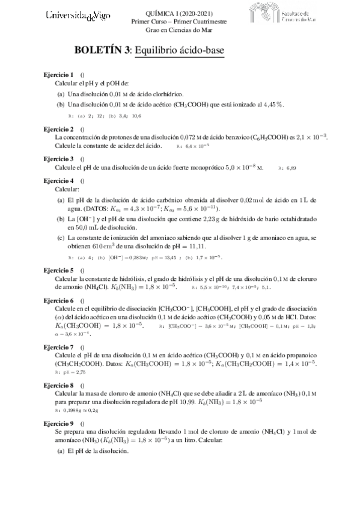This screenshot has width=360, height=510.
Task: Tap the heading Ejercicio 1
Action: tap(59, 74)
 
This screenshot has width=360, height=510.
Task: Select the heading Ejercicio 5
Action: tap(59, 271)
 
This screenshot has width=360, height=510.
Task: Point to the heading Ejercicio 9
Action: tap(59, 424)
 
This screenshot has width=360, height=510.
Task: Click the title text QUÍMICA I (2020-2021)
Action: tap(179, 13)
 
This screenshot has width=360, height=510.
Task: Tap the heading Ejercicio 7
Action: tap(59, 347)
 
